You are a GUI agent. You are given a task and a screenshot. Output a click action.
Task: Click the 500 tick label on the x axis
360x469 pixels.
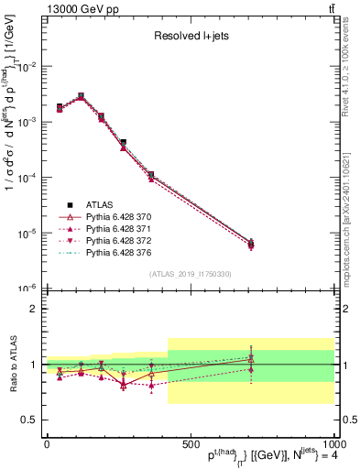pos(190,443)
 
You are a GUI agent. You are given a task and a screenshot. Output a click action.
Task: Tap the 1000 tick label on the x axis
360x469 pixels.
pos(332,443)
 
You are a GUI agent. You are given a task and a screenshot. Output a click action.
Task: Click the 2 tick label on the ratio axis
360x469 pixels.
pos(33,309)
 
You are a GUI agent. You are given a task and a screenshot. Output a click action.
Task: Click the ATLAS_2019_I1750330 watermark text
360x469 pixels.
pos(189,274)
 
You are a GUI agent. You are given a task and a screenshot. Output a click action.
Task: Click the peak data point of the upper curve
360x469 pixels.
pos(81,95)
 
